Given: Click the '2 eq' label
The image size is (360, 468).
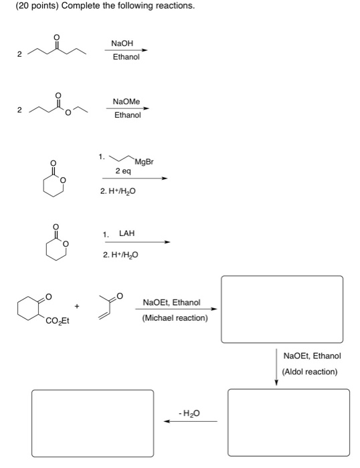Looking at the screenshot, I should pyautogui.click(x=123, y=171).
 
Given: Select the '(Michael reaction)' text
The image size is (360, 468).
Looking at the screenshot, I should pyautogui.click(x=175, y=318).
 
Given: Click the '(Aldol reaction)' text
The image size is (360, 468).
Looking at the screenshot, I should pyautogui.click(x=310, y=371).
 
